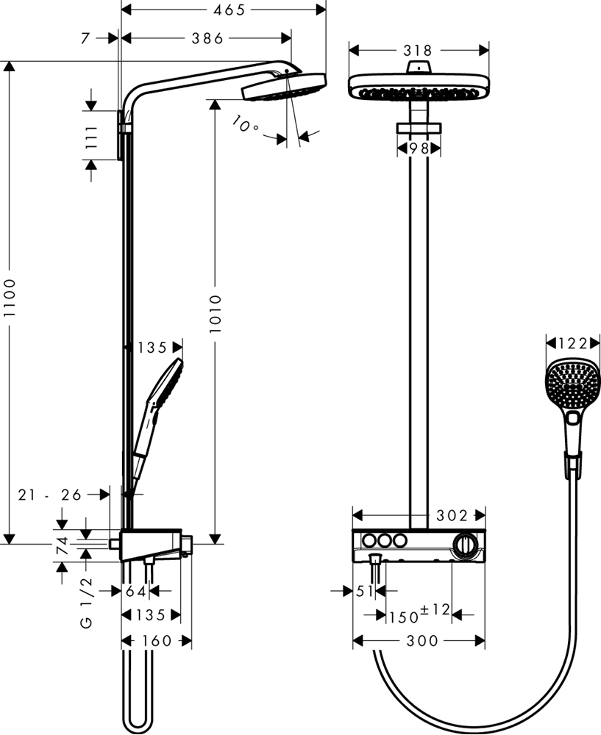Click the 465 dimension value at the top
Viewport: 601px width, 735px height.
[x=229, y=10]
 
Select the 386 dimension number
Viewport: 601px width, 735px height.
[x=207, y=38]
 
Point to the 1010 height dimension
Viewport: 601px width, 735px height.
[x=215, y=314]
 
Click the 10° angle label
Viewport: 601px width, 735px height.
[x=245, y=123]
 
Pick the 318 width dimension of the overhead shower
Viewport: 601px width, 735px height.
[x=418, y=50]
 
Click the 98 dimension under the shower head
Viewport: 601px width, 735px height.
[x=419, y=148]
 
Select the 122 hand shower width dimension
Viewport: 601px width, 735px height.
[x=573, y=343]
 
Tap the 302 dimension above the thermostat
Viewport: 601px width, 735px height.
[x=452, y=516]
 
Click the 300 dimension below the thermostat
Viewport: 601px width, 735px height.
[x=422, y=641]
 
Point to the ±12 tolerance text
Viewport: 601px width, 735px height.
[x=435, y=610]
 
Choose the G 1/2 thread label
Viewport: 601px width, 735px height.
[x=88, y=604]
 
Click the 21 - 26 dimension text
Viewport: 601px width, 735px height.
[x=50, y=495]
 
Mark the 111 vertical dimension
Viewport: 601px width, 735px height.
[x=91, y=137]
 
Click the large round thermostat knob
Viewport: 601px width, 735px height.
[x=466, y=545]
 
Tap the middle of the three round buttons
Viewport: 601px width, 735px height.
[x=385, y=541]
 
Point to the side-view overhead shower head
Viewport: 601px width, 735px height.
[x=284, y=86]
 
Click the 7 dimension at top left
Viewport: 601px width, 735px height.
[x=85, y=38]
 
